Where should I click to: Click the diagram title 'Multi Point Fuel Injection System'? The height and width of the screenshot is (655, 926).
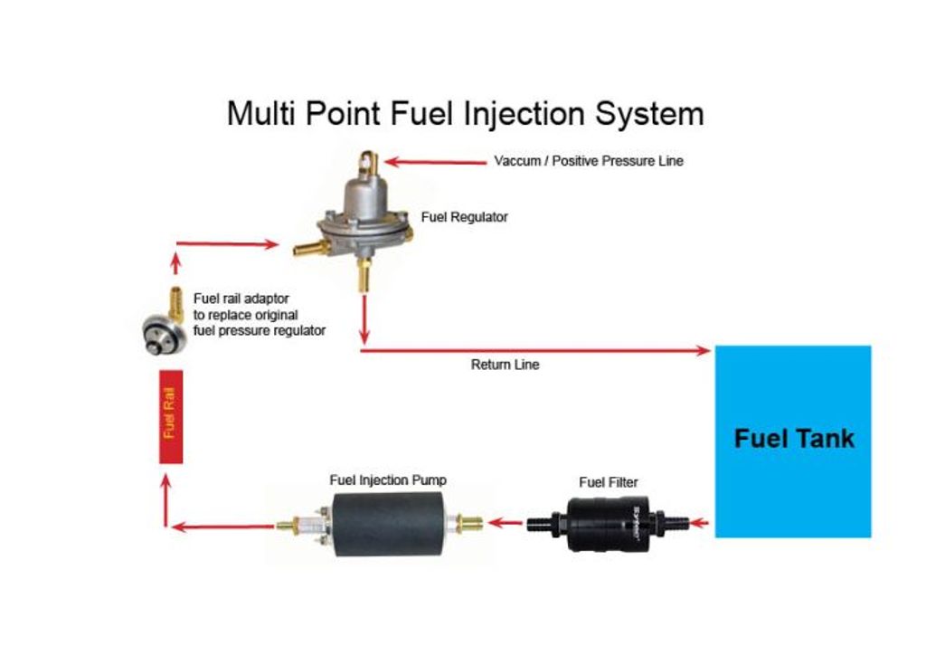click(465, 114)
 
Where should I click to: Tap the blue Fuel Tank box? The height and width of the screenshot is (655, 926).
click(793, 441)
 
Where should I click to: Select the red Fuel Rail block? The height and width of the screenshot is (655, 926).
click(171, 416)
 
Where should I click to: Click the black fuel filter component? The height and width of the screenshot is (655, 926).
click(611, 523)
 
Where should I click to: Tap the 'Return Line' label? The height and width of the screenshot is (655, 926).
click(505, 365)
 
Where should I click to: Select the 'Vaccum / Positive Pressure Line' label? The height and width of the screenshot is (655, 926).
click(589, 161)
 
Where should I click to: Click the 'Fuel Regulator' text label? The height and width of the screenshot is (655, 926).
click(465, 217)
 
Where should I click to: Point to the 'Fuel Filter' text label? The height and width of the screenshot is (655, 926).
click(609, 482)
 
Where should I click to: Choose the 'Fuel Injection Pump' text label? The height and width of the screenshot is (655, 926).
click(388, 480)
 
